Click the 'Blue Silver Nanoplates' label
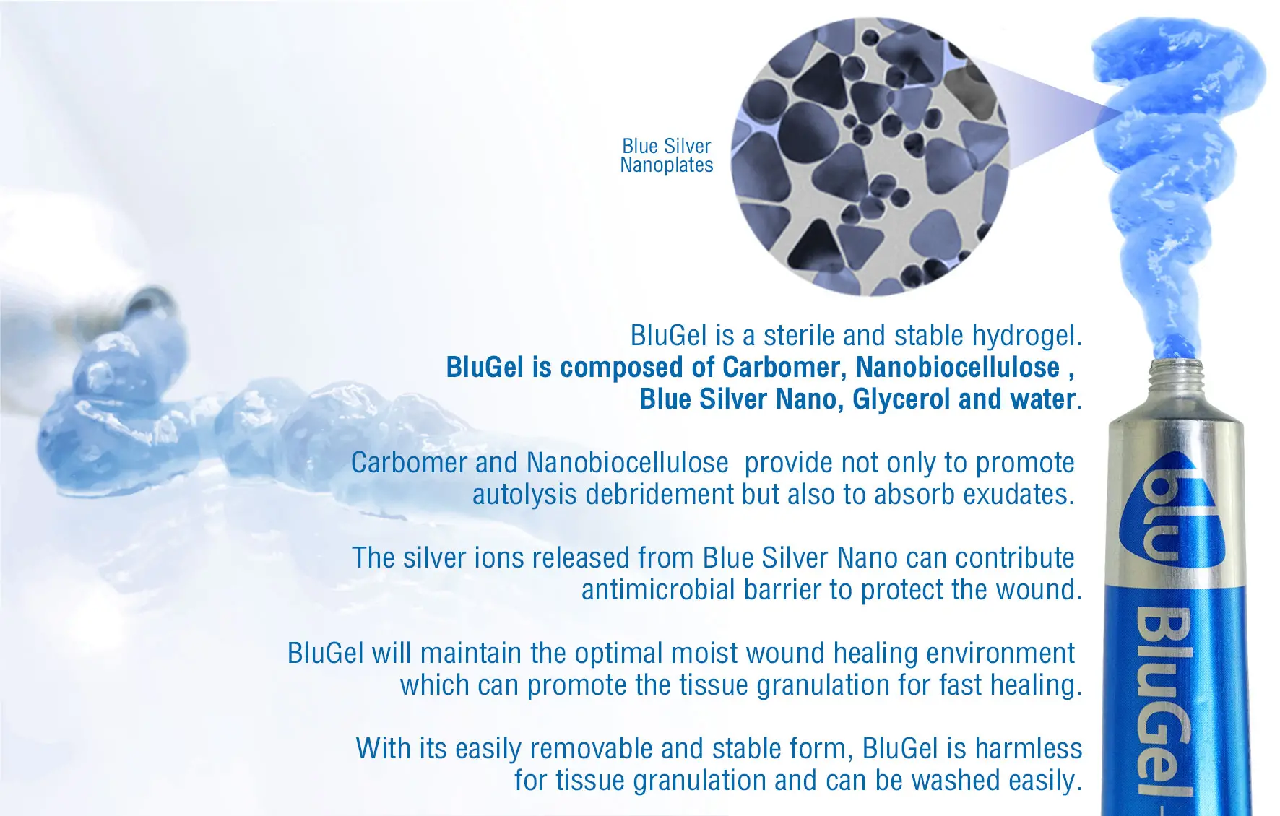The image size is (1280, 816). point(667,155)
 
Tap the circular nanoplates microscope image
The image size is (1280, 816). point(870,157)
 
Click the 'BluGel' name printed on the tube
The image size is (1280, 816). point(1162,700)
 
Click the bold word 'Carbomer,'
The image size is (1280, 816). point(784,368)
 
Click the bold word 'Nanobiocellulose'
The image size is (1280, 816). point(958,368)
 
